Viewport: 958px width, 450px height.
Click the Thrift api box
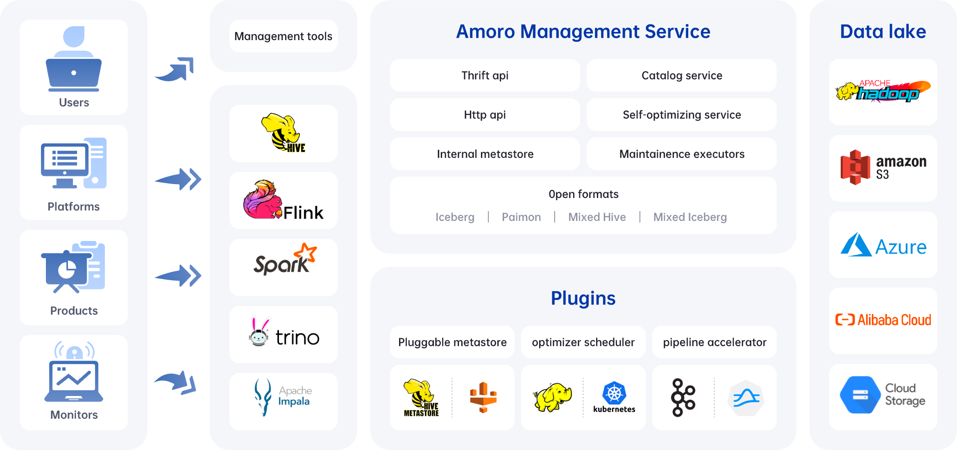(485, 76)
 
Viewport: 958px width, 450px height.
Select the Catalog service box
(681, 76)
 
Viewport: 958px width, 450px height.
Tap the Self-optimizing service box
(681, 115)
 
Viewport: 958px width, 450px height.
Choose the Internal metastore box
(485, 154)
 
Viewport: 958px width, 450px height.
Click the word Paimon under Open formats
(521, 217)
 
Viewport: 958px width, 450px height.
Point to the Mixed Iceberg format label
(690, 217)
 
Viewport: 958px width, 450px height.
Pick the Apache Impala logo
(283, 397)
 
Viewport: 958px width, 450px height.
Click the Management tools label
(283, 36)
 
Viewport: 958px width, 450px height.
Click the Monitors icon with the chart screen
(74, 375)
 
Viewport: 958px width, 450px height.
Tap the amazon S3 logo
(883, 167)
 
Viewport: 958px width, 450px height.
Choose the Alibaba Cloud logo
(883, 320)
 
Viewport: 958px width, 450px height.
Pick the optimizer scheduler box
(583, 342)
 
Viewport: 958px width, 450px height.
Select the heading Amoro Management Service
(583, 32)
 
